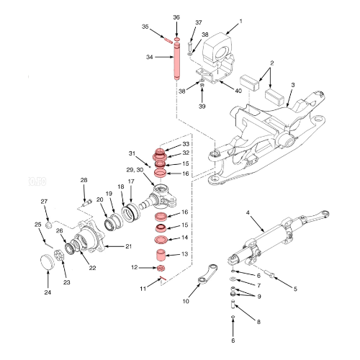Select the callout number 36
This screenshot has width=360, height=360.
coord(176,17)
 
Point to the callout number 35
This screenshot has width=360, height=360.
coord(145,27)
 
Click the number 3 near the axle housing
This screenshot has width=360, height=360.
coord(292,85)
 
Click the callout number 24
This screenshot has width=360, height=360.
coord(48,293)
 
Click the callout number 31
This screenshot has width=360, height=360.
coord(132,153)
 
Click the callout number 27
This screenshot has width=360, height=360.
coord(44,201)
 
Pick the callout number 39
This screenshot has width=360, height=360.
coord(202,106)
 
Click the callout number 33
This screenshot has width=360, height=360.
coord(185,144)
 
